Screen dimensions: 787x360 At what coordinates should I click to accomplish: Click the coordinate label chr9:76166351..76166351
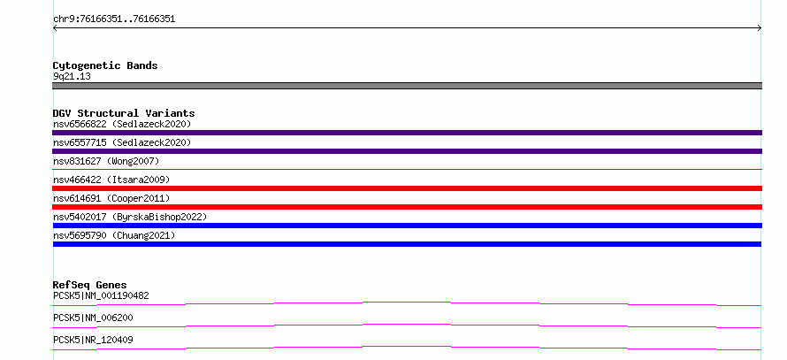[114, 19]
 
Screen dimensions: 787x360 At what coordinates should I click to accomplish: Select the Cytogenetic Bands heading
[105, 65]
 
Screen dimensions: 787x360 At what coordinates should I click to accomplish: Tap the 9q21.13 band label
[72, 77]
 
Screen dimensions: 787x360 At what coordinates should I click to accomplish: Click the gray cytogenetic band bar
[407, 86]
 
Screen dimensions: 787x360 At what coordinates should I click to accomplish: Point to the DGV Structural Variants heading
[124, 113]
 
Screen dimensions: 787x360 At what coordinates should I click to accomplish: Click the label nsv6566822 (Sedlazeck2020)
[122, 124]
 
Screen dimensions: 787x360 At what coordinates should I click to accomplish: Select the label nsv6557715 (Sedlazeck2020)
[122, 142]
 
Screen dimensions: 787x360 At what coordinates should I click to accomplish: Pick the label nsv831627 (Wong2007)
[106, 161]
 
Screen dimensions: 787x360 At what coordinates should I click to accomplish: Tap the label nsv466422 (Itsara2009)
[111, 180]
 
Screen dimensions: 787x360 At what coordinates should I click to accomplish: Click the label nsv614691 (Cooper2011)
[111, 198]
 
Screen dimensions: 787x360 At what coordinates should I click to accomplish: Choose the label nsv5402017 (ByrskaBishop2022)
[130, 217]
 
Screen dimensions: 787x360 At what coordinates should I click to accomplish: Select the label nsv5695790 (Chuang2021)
[114, 235]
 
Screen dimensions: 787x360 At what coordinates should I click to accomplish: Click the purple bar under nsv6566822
[407, 133]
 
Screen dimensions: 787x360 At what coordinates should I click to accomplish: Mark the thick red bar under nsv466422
[407, 188]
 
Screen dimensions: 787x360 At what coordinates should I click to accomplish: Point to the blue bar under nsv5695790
[407, 244]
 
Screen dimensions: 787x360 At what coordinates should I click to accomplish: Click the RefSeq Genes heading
[89, 285]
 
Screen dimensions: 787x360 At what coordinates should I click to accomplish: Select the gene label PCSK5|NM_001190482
[101, 295]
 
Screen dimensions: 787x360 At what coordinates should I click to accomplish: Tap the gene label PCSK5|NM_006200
[93, 318]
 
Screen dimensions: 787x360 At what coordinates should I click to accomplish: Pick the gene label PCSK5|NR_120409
[93, 340]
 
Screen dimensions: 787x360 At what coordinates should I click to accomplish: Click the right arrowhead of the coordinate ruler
[760, 28]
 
